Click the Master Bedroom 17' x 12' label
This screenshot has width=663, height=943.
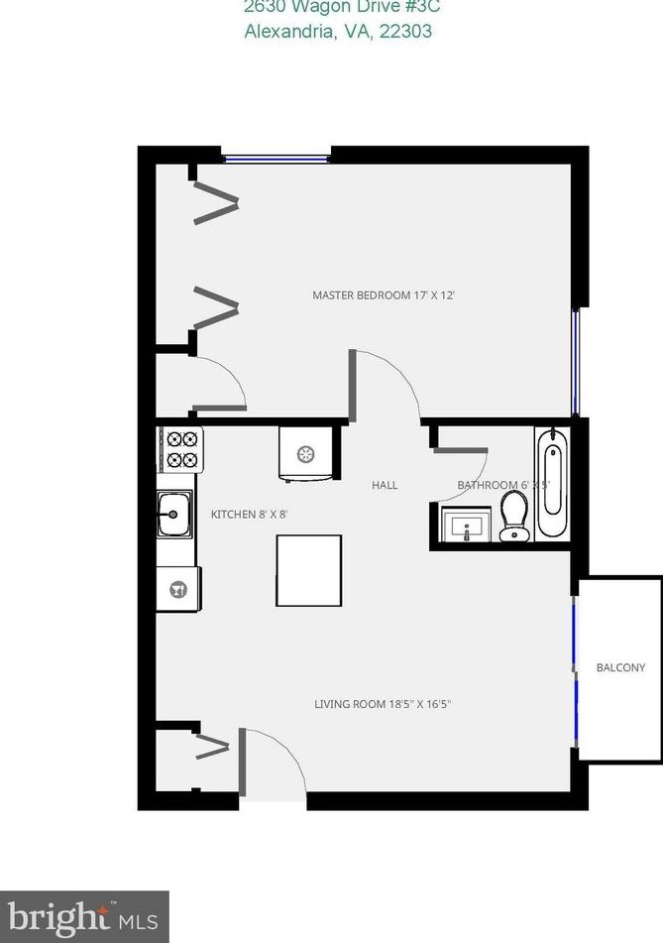tap(384, 295)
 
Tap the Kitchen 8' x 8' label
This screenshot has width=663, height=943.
tap(249, 514)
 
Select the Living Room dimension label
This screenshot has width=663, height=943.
tap(389, 705)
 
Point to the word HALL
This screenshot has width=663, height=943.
tap(385, 485)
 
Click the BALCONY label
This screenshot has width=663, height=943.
tap(620, 667)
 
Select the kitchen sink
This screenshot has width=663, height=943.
tap(175, 514)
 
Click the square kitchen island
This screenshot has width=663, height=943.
tap(308, 570)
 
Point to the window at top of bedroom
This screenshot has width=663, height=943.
tap(276, 157)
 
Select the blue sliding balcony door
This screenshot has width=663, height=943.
tap(574, 669)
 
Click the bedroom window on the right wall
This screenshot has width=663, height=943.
tap(575, 361)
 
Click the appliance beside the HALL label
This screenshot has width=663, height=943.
tap(304, 455)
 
